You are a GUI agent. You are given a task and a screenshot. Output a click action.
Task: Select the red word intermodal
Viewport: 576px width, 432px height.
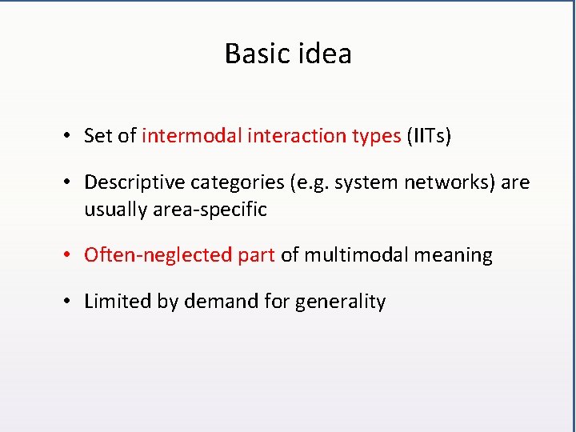(192, 136)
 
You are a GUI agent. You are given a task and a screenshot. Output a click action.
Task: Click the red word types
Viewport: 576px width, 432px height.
(376, 137)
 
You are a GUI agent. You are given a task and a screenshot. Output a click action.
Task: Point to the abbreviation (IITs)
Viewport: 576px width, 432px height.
(429, 136)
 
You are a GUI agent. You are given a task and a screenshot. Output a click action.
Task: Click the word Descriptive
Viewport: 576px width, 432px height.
(134, 182)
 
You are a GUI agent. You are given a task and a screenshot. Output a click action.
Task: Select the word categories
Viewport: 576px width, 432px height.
(231, 183)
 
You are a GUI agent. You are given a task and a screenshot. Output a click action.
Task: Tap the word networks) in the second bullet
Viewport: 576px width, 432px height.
(441, 182)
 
